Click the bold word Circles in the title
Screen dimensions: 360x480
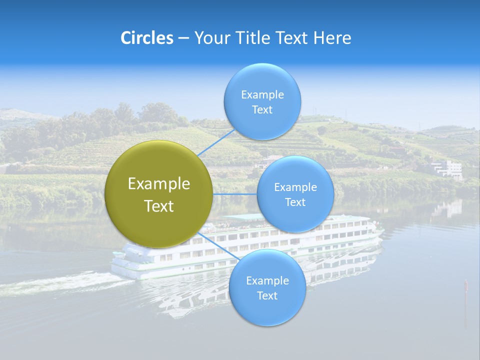pyautogui.click(x=146, y=38)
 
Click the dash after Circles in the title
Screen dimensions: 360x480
pyautogui.click(x=183, y=38)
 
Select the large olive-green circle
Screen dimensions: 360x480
pyautogui.click(x=159, y=194)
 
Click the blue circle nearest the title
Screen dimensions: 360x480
pyautogui.click(x=262, y=101)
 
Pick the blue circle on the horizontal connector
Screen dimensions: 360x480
pyautogui.click(x=295, y=194)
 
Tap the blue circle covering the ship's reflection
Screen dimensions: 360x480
pyautogui.click(x=267, y=287)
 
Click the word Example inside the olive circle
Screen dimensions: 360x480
pyautogui.click(x=159, y=183)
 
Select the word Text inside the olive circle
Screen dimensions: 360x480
pyautogui.click(x=159, y=206)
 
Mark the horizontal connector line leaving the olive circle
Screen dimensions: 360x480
pyautogui.click(x=235, y=194)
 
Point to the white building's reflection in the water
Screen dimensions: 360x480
pyautogui.click(x=446, y=208)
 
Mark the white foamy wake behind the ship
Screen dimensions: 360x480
pyautogui.click(x=60, y=285)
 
